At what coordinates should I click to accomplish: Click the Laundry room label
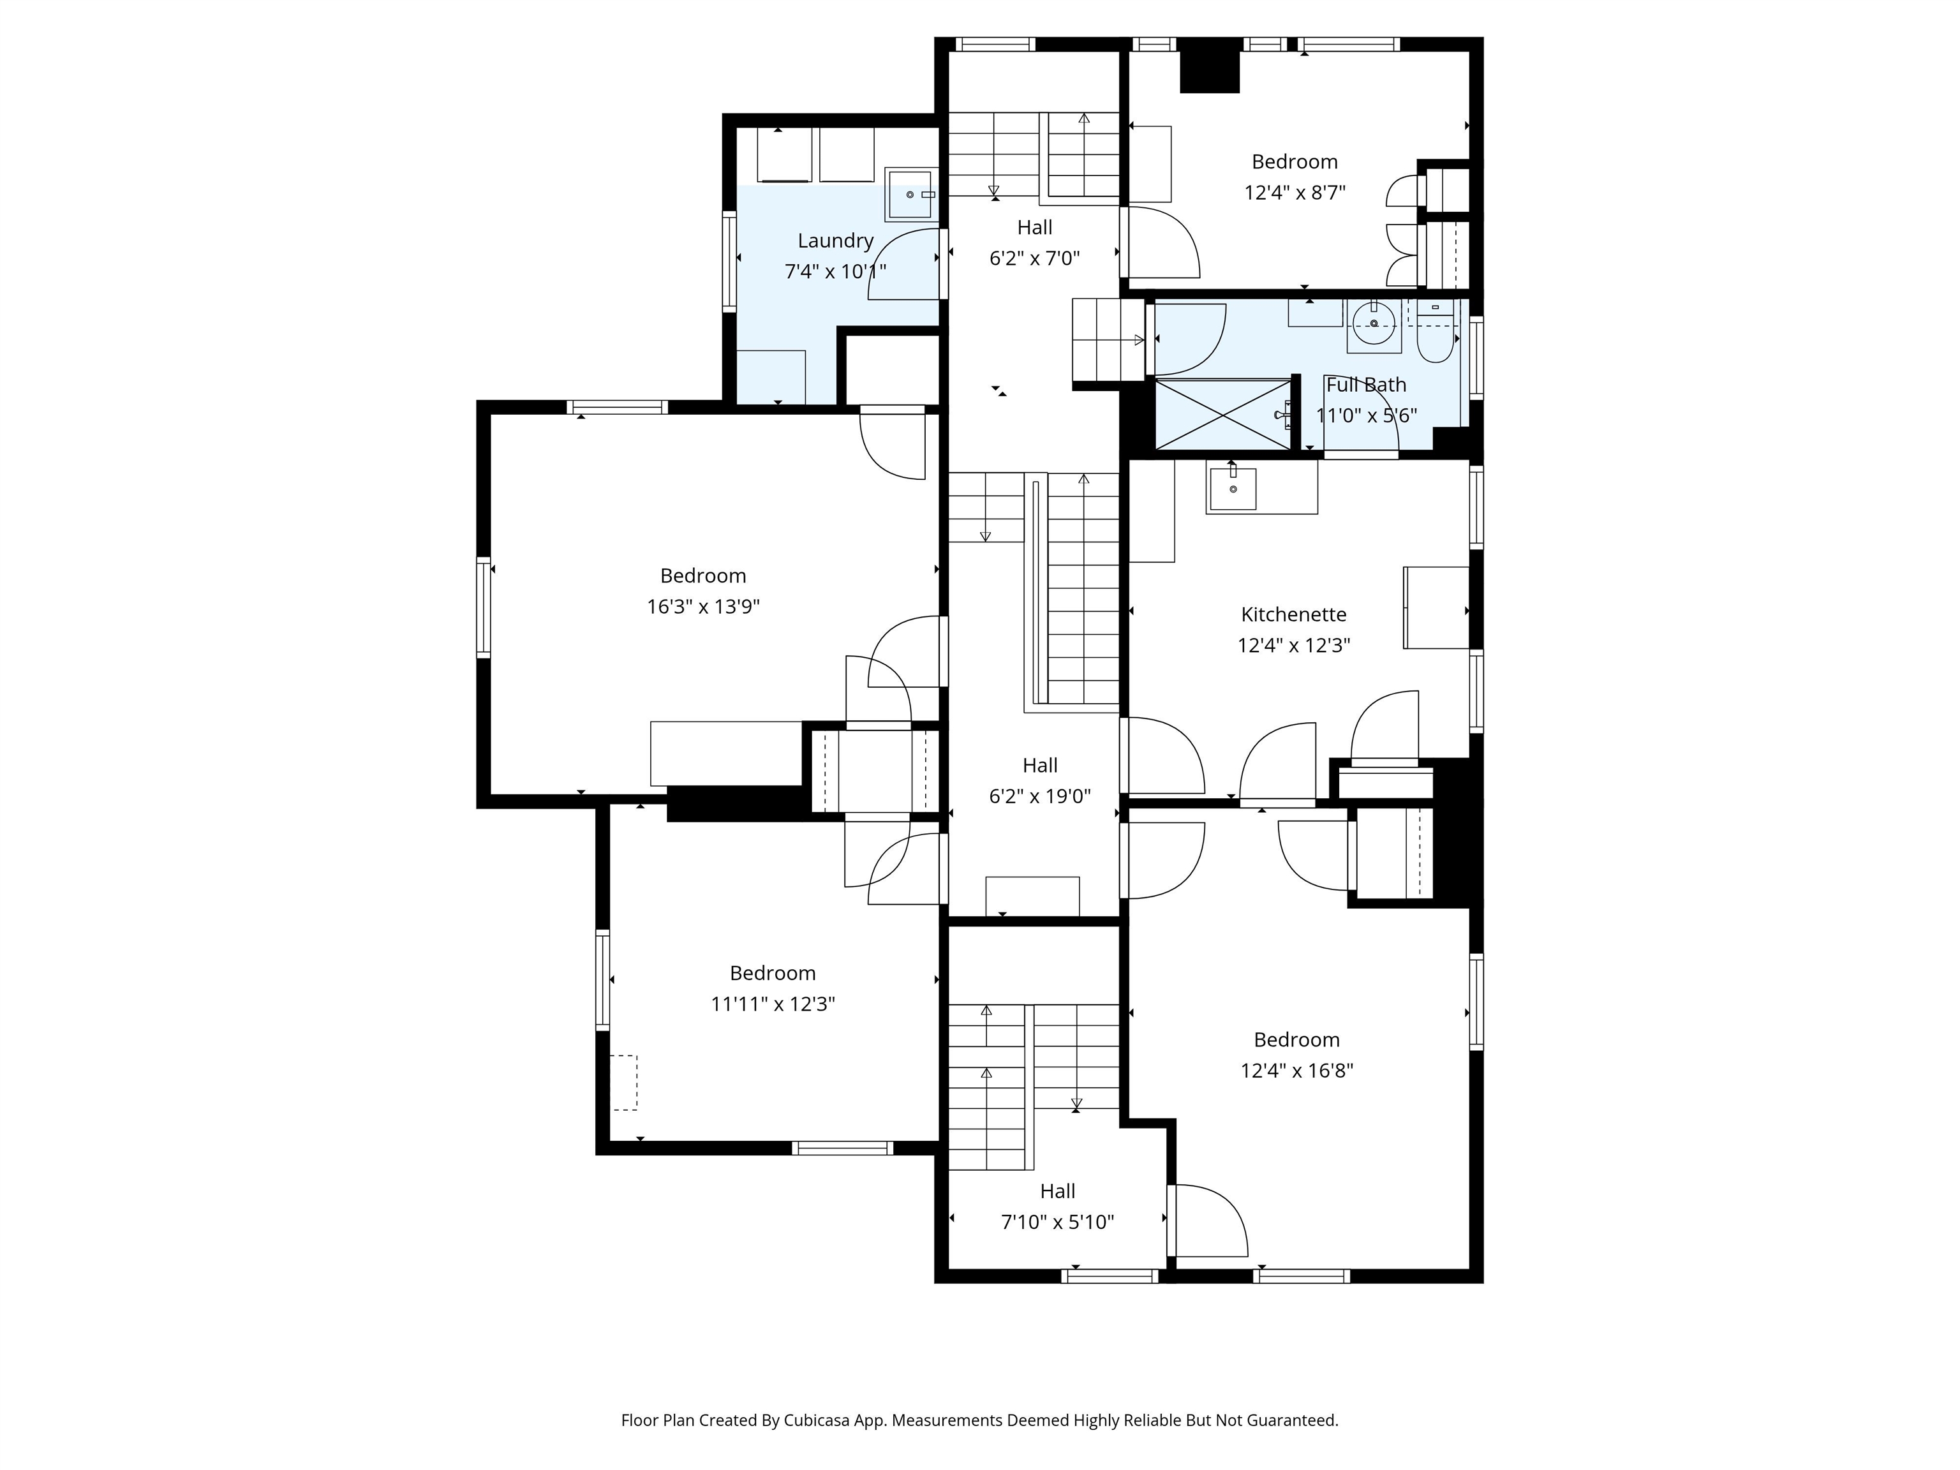coord(836,241)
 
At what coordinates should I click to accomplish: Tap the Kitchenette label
coord(1294,614)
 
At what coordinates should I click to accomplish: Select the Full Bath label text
coord(1365,385)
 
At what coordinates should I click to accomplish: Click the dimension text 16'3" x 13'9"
coord(704,607)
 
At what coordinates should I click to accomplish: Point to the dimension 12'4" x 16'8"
coord(1296,1071)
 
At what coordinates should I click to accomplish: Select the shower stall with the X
coord(1223,415)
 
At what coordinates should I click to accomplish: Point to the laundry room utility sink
coord(910,194)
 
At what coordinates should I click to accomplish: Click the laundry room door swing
coord(904,264)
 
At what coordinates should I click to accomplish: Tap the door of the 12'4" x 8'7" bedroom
coord(1161,242)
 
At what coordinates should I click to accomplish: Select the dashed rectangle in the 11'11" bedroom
coord(624,1082)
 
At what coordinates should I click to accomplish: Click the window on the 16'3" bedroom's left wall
coord(484,607)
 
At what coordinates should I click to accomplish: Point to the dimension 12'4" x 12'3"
coord(1294,645)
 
